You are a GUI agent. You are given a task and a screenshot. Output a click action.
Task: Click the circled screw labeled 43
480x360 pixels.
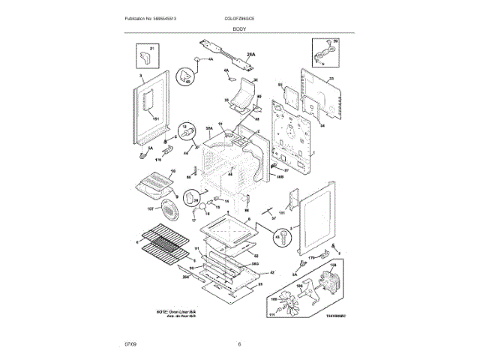[282, 238]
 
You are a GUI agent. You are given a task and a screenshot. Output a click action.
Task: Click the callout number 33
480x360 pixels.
[330, 78]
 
